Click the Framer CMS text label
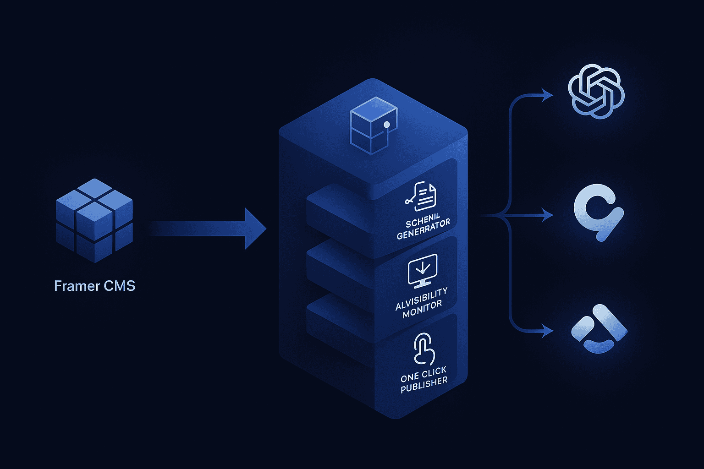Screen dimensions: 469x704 (x=94, y=286)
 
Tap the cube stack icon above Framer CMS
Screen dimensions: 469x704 (x=94, y=220)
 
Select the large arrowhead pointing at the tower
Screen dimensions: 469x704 (x=255, y=229)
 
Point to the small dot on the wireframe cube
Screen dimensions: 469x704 (x=386, y=125)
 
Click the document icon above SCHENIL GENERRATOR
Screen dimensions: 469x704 (x=421, y=196)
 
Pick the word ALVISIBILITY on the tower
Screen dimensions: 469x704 (x=421, y=299)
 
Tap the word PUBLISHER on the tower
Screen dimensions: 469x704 (x=424, y=385)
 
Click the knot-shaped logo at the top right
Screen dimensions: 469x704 (x=596, y=91)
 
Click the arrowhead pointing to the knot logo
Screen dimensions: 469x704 (x=547, y=95)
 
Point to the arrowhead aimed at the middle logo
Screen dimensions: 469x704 (x=547, y=215)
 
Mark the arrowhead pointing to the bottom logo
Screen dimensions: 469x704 (x=547, y=331)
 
